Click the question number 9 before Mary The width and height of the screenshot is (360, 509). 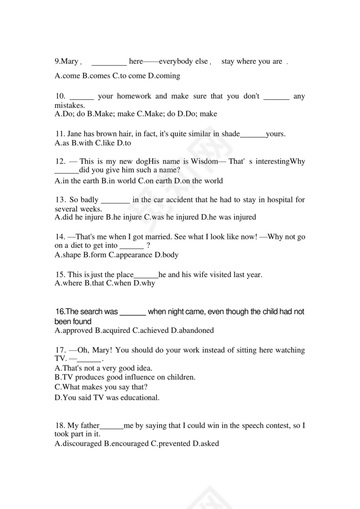57,62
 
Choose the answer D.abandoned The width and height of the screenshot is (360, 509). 192,330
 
